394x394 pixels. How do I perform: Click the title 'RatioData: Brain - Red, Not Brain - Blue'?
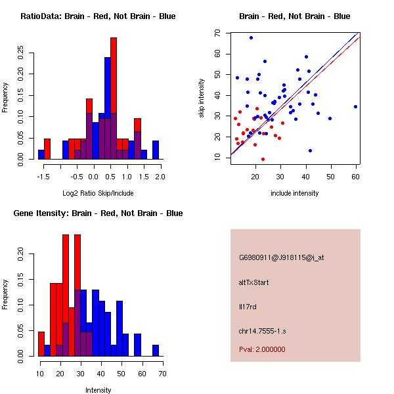[98, 16]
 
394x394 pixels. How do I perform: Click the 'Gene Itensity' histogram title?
[98, 213]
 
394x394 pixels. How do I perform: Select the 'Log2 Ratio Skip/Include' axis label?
[98, 192]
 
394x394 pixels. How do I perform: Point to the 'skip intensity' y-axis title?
[202, 98]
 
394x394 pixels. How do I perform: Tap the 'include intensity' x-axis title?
[295, 193]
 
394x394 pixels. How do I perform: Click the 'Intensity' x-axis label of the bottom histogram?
[98, 390]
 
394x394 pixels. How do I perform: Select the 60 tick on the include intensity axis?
[355, 177]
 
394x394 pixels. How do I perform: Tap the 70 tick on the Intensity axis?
[162, 374]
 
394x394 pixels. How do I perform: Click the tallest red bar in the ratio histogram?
[114, 98]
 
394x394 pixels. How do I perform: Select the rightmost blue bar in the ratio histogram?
[156, 150]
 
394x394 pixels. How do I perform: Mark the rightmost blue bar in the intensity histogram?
[155, 350]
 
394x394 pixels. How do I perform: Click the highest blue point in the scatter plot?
[251, 37]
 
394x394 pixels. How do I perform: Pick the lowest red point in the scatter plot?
[263, 159]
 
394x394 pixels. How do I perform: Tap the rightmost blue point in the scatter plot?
[355, 106]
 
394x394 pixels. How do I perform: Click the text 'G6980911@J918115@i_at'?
[282, 257]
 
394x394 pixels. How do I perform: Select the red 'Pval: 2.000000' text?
[262, 349]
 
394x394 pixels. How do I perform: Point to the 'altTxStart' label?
[254, 282]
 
